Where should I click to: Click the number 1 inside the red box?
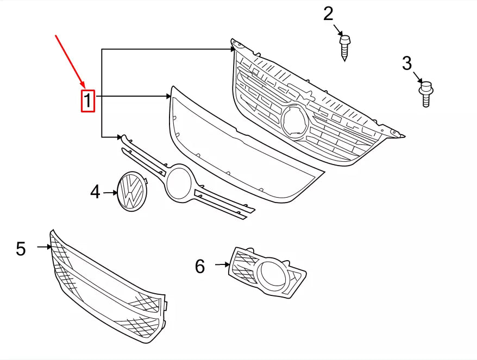[x=88, y=101]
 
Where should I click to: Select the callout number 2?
[x=328, y=14]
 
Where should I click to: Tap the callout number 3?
[x=407, y=64]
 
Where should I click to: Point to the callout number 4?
[x=95, y=192]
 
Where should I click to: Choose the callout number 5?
[x=21, y=249]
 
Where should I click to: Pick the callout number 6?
[x=200, y=267]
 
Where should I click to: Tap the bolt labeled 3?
[x=426, y=94]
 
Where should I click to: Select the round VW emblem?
[x=133, y=192]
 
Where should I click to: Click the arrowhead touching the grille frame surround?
[x=168, y=97]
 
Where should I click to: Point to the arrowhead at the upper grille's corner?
[x=233, y=49]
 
